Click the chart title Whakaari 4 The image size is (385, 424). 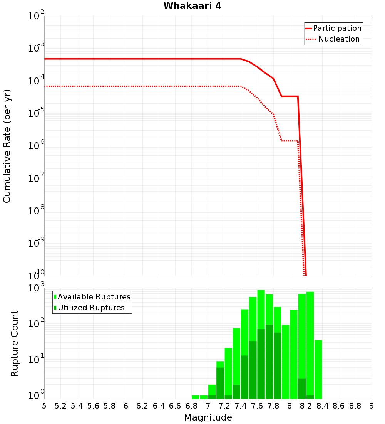192,6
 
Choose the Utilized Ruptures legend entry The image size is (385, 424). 91,308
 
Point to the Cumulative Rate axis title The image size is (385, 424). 7,146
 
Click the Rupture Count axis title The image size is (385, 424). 15,343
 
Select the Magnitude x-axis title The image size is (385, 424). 208,417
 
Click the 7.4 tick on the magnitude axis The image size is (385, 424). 241,406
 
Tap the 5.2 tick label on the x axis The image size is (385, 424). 60,406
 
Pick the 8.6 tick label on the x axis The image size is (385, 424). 339,406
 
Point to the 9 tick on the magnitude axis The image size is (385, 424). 372,406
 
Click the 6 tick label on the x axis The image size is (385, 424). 126,406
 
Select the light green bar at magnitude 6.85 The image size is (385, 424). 196,397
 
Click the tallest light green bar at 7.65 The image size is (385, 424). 261,308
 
